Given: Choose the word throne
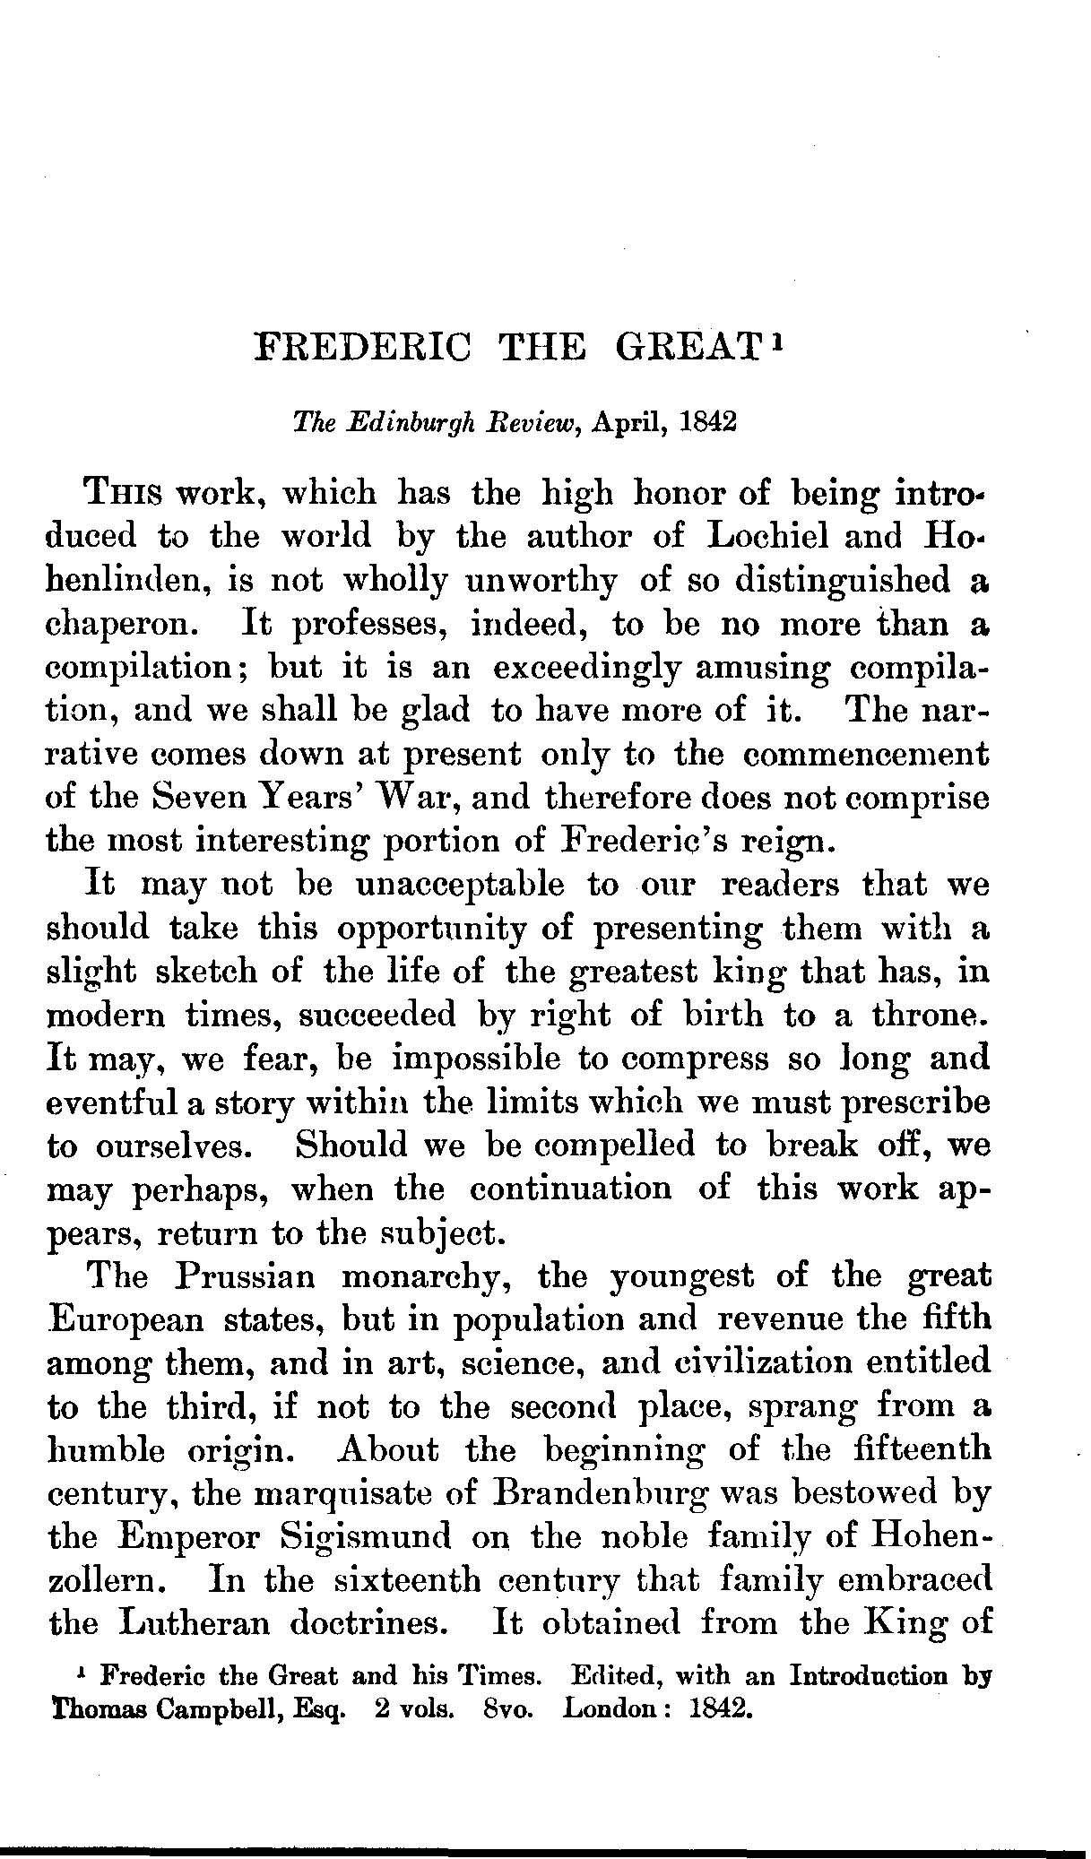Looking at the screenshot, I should tap(937, 1016).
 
